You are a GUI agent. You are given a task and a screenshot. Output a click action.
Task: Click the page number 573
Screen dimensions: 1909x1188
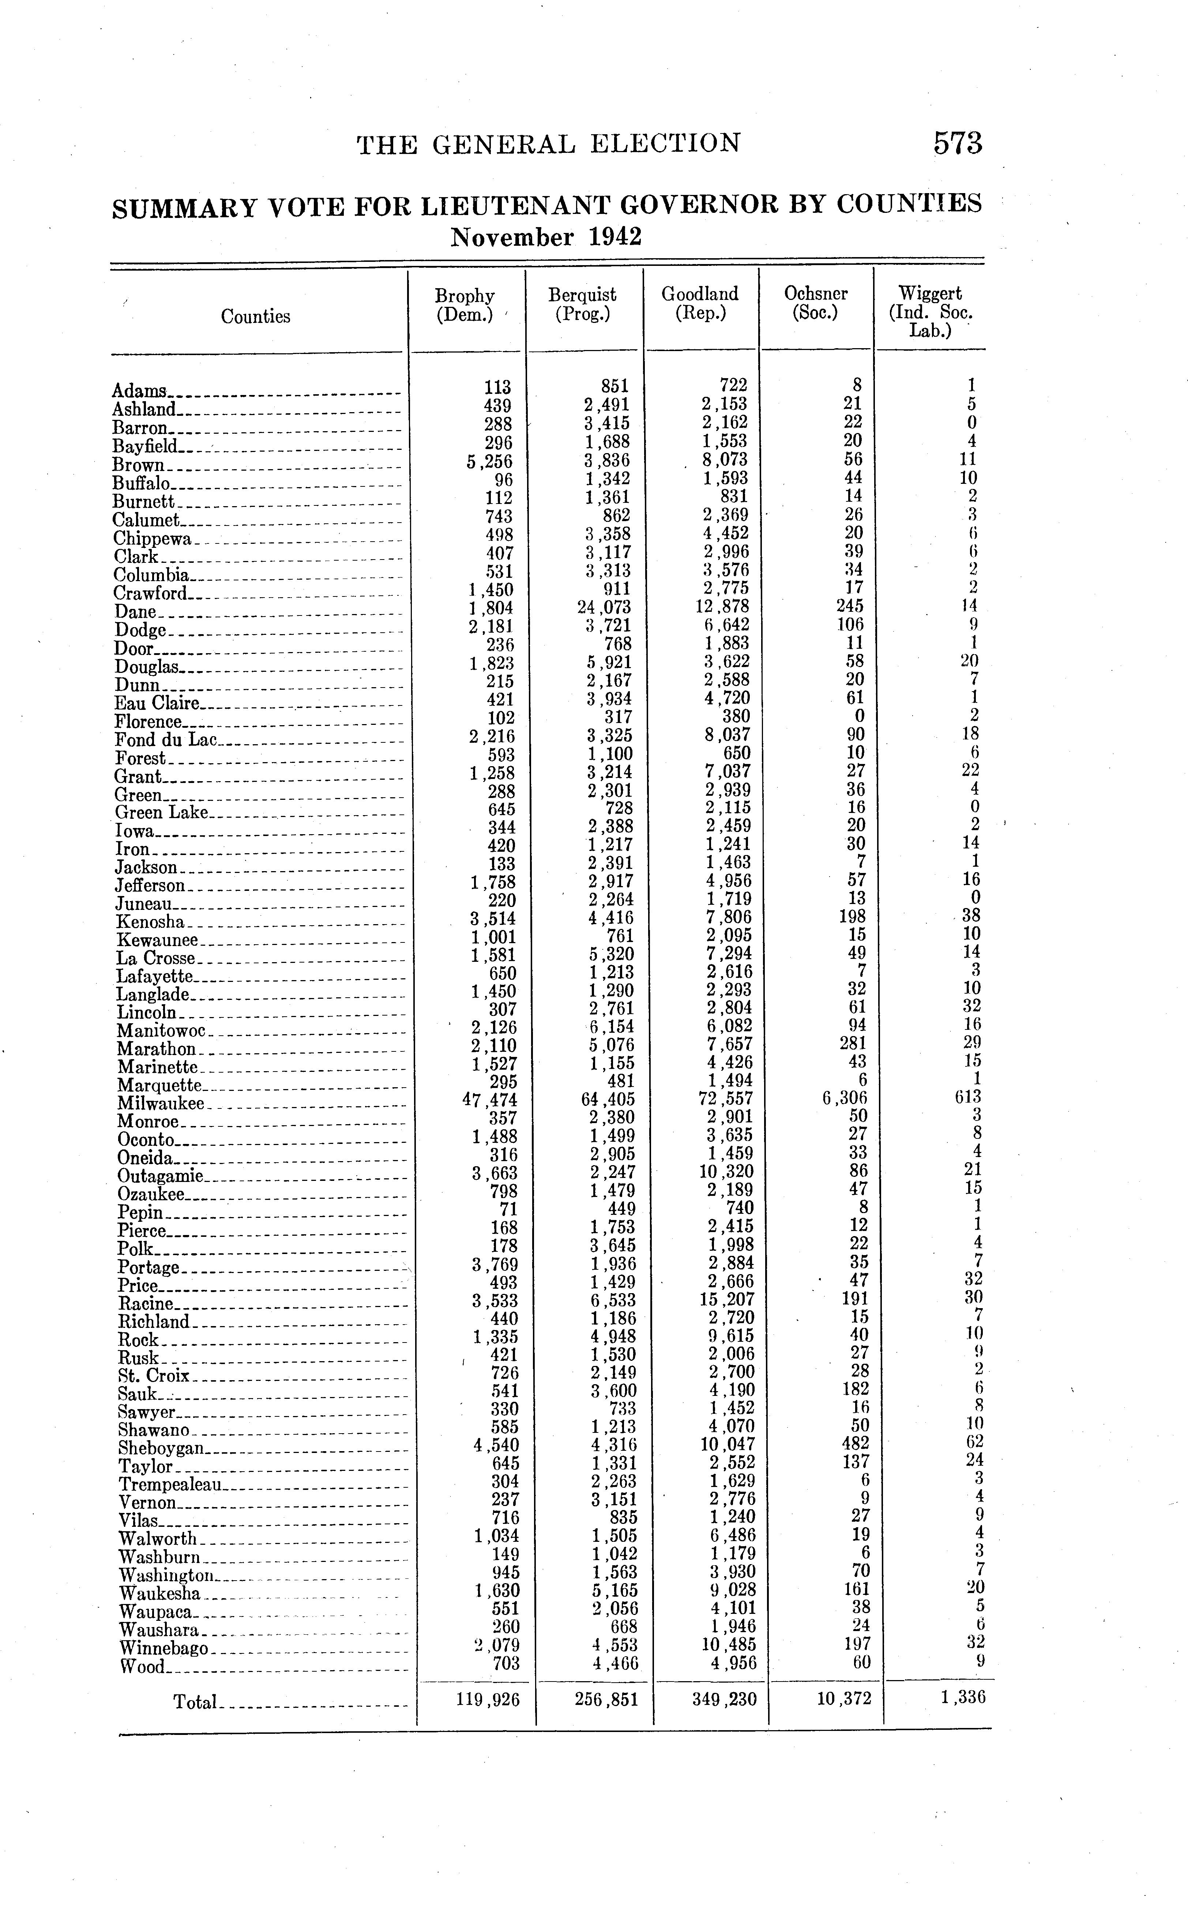[x=958, y=144]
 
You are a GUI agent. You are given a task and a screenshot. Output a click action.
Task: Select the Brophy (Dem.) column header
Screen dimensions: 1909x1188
[x=465, y=305]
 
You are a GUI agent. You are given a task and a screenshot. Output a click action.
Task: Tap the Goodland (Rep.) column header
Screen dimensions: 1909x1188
[x=700, y=303]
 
